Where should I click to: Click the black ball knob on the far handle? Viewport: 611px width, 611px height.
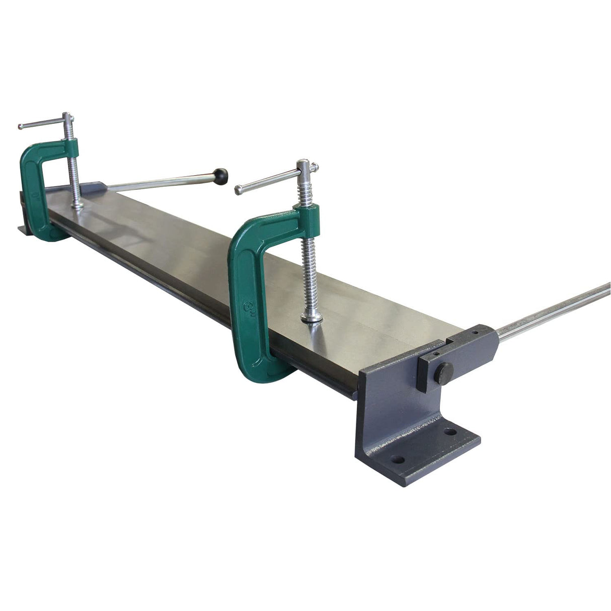(x=220, y=176)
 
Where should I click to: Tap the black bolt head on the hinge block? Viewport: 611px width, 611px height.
(x=444, y=373)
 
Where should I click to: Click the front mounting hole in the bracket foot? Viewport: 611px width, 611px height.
(x=398, y=460)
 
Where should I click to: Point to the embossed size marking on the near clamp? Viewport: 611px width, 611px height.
(x=248, y=308)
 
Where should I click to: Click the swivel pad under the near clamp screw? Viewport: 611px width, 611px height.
(x=312, y=318)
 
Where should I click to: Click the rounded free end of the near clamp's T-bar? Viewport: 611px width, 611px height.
(x=239, y=190)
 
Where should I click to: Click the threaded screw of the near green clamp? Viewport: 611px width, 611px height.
(x=308, y=267)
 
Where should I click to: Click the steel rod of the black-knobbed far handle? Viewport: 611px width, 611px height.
(x=161, y=182)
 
